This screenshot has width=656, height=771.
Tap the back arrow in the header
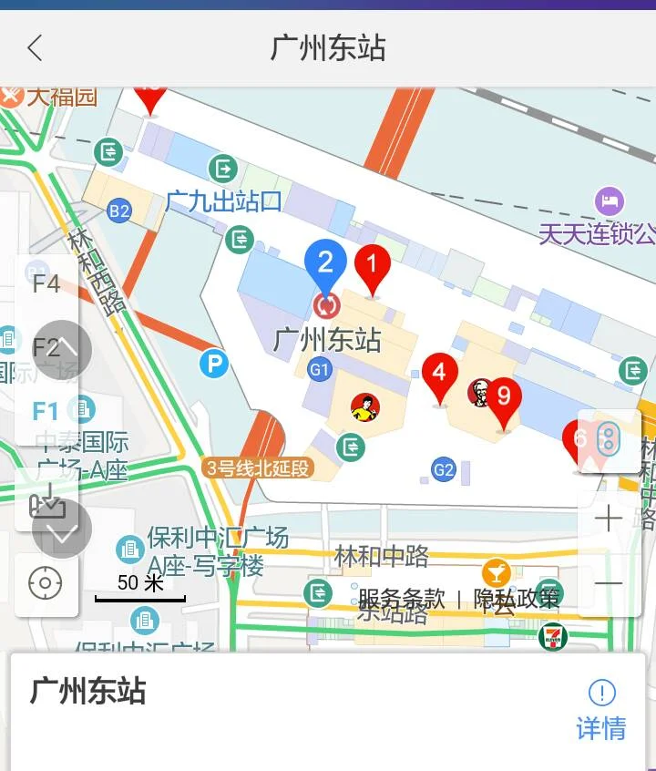[35, 47]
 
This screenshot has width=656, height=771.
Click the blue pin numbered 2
[325, 262]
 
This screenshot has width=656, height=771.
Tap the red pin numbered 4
[440, 374]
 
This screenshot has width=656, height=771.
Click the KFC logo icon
[479, 393]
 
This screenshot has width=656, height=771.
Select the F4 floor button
[46, 284]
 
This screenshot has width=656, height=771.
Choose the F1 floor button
[46, 410]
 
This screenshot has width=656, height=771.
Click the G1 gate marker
[319, 369]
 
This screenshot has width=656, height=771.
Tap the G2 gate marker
[444, 470]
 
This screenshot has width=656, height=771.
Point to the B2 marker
[119, 211]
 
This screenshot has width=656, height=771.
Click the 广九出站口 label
[223, 201]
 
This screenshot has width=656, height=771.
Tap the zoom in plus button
[608, 519]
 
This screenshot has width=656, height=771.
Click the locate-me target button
[46, 583]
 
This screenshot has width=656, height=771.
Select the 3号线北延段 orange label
[259, 468]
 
